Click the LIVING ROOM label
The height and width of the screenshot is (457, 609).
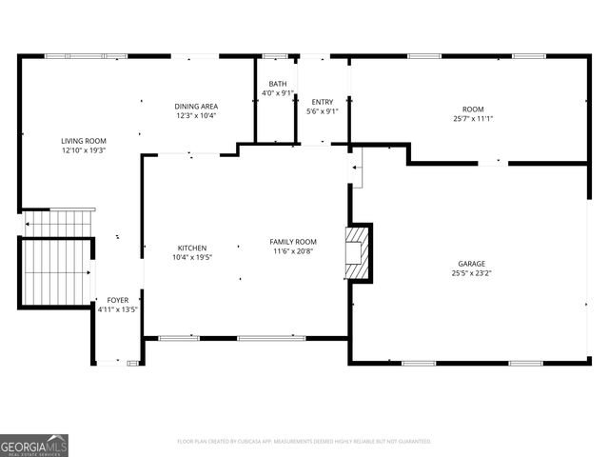coord(84,140)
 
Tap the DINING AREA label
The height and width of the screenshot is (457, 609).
coord(196,106)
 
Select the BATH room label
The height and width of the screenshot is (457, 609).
coord(278,84)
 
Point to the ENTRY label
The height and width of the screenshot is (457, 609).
coord(323,102)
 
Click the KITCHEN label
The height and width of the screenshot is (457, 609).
coord(191,248)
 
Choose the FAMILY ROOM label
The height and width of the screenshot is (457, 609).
coord(293,242)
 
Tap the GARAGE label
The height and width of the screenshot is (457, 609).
coord(472,264)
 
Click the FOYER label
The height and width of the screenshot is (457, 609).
coord(117,300)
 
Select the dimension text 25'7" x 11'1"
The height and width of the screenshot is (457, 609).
coord(473,119)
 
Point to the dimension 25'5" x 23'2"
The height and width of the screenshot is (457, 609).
coord(472,273)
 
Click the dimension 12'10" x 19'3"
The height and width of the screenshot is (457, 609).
coord(84,149)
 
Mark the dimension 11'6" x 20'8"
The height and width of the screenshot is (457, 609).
coord(293,251)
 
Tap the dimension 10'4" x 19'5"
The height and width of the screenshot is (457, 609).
coord(191,257)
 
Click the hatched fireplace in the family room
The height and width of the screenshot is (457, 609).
coord(358,252)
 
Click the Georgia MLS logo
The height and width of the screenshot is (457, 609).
coord(34,445)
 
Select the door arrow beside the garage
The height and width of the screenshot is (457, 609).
coord(357,169)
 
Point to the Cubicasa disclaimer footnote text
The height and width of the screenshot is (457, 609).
coord(304,442)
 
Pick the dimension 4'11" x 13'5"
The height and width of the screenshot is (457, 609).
coord(117,309)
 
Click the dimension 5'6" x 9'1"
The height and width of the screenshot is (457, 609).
coord(323,111)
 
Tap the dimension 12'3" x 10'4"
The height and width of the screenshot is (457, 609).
coord(196,115)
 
